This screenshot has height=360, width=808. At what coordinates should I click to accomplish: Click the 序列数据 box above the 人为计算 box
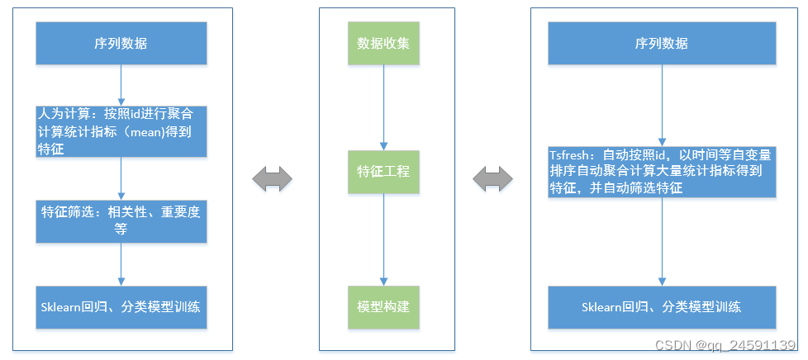point(121,44)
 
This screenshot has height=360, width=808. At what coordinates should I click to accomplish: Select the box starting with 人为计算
point(121,130)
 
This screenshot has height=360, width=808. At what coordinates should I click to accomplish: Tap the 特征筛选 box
point(121,220)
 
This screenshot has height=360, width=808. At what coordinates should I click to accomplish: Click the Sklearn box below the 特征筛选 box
point(121,307)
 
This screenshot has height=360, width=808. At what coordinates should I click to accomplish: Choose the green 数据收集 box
point(383,44)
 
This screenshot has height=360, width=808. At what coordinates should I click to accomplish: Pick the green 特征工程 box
point(383,172)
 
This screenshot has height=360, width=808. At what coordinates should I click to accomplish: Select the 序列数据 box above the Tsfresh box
point(662,44)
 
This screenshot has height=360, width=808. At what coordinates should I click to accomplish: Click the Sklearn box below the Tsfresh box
point(662,307)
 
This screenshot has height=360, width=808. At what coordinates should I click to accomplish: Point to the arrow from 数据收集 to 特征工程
point(383,107)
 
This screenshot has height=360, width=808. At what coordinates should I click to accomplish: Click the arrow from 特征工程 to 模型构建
point(383,239)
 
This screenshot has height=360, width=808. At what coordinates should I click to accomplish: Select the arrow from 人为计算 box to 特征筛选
point(121,178)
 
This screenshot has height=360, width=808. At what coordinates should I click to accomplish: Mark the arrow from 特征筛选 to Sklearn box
point(121,264)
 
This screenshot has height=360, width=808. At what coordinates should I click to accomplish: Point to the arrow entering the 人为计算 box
point(121,85)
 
